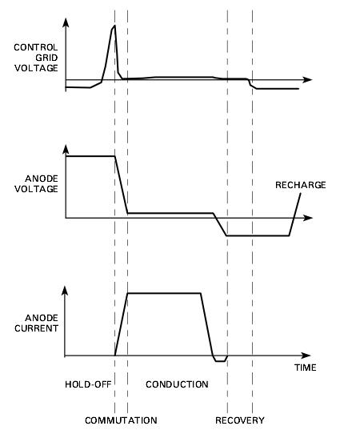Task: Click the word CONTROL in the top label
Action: click(x=36, y=47)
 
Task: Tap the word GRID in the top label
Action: click(x=46, y=58)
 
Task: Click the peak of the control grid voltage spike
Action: click(x=114, y=26)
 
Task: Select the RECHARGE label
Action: click(x=301, y=185)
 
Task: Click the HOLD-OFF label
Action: click(x=88, y=384)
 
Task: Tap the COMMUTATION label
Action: click(x=121, y=420)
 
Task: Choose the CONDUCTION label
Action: click(x=177, y=384)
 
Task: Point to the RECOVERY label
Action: click(x=240, y=420)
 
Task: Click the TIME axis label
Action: click(x=306, y=368)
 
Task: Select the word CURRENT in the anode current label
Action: click(x=36, y=328)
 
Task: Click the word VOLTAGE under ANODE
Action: click(x=36, y=189)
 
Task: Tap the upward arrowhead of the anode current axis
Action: click(x=65, y=291)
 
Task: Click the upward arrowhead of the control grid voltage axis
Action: click(x=66, y=23)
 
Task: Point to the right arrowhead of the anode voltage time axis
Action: click(x=307, y=218)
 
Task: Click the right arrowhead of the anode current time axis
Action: click(x=306, y=356)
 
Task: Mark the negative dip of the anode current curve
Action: click(x=220, y=361)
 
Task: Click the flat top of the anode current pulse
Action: click(x=164, y=293)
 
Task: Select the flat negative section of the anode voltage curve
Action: click(x=258, y=235)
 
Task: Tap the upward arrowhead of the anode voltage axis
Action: click(x=66, y=150)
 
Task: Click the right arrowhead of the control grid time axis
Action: click(x=307, y=80)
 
